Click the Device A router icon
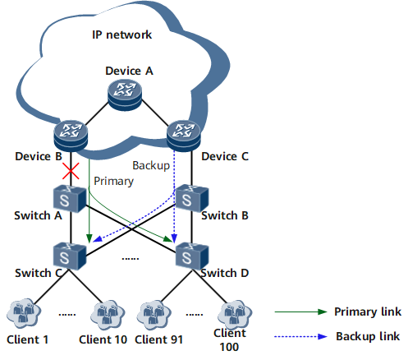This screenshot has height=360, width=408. [125, 95]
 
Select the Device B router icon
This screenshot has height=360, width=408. [71, 136]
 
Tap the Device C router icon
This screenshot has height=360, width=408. [184, 136]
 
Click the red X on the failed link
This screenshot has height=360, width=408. [71, 171]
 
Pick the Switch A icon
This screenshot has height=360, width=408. [70, 199]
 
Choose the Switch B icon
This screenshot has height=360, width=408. [192, 198]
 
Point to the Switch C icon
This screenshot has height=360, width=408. [70, 256]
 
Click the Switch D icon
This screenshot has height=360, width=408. [192, 256]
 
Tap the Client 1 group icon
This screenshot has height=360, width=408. [24, 314]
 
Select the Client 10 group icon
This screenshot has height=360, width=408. [108, 315]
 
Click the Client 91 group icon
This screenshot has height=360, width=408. [154, 315]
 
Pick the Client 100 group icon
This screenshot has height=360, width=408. [235, 315]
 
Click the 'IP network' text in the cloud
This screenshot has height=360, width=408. [121, 35]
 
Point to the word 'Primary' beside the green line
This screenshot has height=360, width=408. [113, 182]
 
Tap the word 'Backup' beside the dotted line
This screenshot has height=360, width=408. [151, 165]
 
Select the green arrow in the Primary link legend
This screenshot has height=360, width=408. [301, 312]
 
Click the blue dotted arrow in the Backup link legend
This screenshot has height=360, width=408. [301, 336]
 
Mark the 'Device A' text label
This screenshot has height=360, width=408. [129, 71]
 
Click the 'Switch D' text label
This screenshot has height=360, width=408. [225, 273]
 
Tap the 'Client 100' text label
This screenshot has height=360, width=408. [230, 340]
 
